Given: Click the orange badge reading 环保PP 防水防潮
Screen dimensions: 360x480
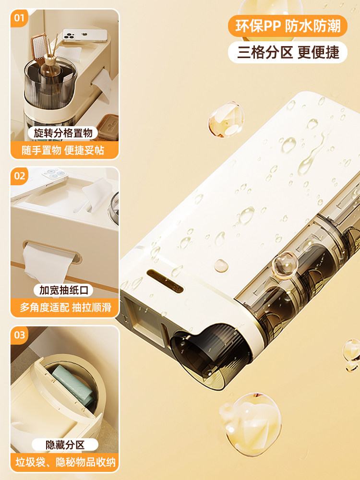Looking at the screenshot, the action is [x=288, y=26].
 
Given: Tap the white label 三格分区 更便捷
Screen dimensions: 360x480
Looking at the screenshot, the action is [x=288, y=52].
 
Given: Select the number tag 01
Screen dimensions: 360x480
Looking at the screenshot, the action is [x=19, y=18].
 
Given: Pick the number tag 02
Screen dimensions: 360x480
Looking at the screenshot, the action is [x=19, y=176].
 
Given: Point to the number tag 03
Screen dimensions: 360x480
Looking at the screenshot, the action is [x=19, y=335].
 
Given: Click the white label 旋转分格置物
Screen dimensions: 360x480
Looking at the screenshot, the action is [x=63, y=133].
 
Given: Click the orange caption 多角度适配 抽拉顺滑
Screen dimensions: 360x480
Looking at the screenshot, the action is [x=65, y=307].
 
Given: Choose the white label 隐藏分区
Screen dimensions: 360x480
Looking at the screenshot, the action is [x=65, y=445].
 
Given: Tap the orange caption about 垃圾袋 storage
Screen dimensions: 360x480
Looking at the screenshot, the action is [x=65, y=462].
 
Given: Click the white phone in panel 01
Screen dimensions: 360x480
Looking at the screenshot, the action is [x=85, y=35].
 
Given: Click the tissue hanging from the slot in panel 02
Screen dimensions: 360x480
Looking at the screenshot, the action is [x=46, y=263].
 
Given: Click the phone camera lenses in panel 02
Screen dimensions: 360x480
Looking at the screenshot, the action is [x=55, y=173].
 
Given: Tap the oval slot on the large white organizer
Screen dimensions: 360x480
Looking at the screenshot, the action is [x=165, y=280].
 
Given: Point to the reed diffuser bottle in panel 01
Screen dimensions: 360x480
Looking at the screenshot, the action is [x=50, y=67].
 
